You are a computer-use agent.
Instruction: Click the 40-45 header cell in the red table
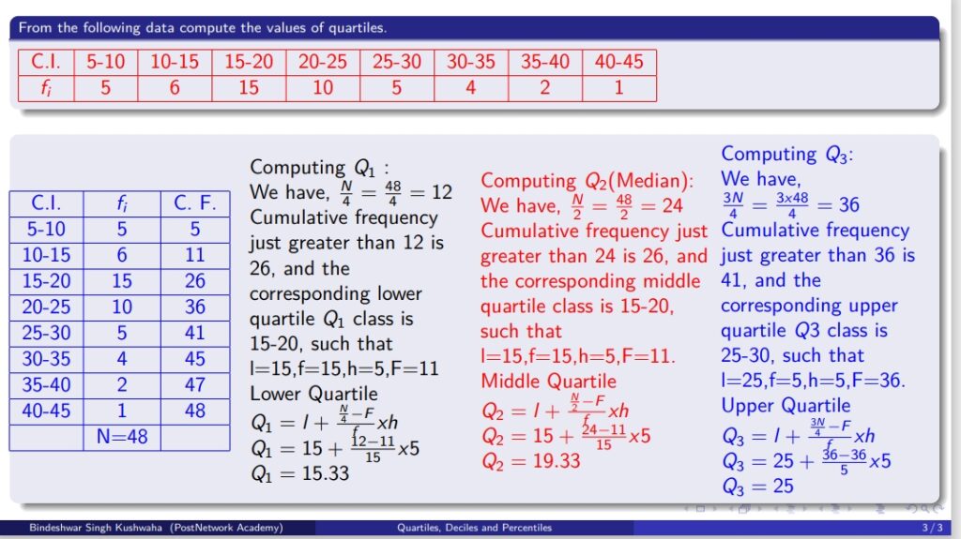pyautogui.click(x=619, y=62)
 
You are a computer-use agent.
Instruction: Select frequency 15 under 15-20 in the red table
pyautogui.click(x=248, y=88)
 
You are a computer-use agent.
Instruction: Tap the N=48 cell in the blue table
pyautogui.click(x=122, y=437)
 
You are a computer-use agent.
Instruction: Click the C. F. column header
pyautogui.click(x=195, y=203)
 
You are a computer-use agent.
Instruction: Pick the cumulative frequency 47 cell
pyautogui.click(x=195, y=384)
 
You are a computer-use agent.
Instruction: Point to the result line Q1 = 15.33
pyautogui.click(x=299, y=473)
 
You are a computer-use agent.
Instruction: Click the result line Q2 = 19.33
pyautogui.click(x=531, y=460)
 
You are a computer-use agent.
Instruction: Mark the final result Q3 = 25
pyautogui.click(x=757, y=487)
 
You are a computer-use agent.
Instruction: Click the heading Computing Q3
pyautogui.click(x=787, y=154)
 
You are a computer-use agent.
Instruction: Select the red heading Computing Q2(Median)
pyautogui.click(x=587, y=181)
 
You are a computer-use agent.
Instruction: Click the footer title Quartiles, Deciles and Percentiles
pyautogui.click(x=474, y=528)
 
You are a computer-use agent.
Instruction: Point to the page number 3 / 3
pyautogui.click(x=932, y=528)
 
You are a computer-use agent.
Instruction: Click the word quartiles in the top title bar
pyautogui.click(x=357, y=28)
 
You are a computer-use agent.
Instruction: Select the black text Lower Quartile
pyautogui.click(x=313, y=394)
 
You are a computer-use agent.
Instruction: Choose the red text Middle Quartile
pyautogui.click(x=548, y=381)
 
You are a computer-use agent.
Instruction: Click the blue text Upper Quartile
pyautogui.click(x=786, y=406)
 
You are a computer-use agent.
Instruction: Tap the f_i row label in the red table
pyautogui.click(x=46, y=88)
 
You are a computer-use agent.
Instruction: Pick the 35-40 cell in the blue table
pyautogui.click(x=47, y=384)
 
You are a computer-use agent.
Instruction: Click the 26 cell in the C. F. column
pyautogui.click(x=195, y=281)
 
